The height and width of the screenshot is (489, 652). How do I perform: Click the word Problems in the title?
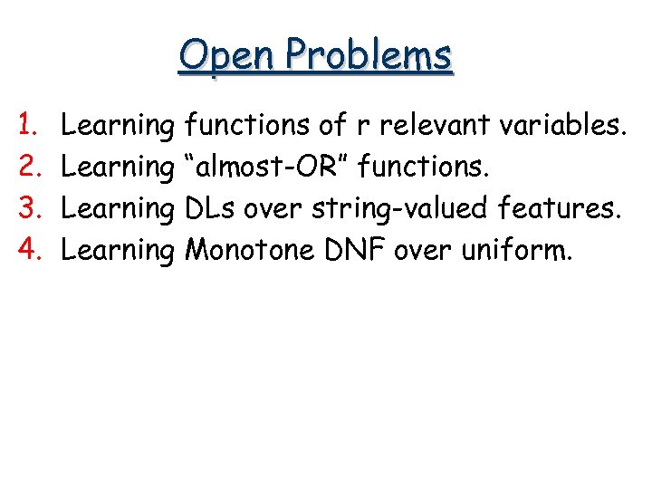(x=367, y=56)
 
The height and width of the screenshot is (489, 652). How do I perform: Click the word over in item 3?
(x=279, y=207)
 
